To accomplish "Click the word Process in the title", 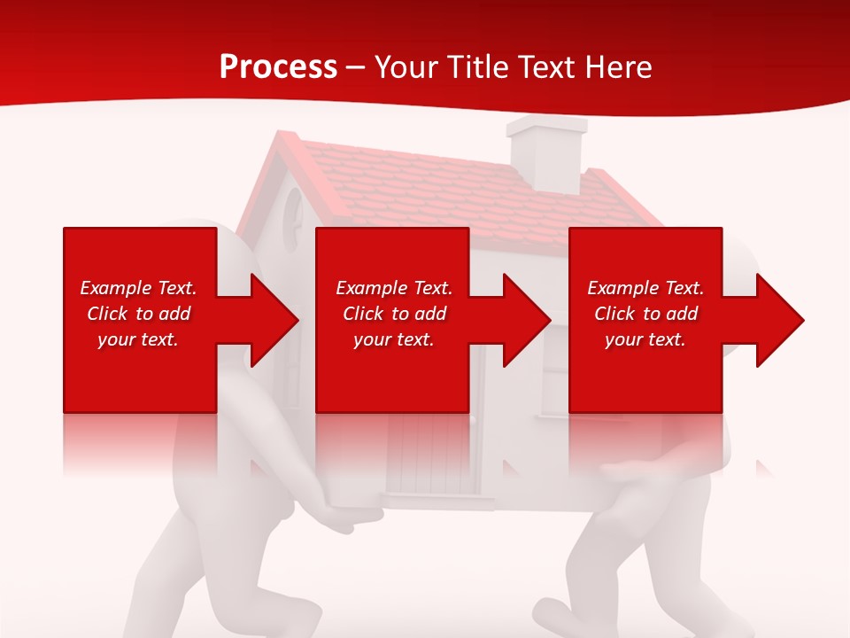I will [x=278, y=66].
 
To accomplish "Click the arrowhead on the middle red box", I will [x=524, y=320].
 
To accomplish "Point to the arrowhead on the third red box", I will [x=777, y=320].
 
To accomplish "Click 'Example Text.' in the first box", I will [x=138, y=288].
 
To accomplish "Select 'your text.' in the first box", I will [x=138, y=339].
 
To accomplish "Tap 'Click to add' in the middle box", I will [x=394, y=314].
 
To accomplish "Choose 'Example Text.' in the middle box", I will [x=394, y=288].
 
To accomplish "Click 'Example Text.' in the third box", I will [x=645, y=288].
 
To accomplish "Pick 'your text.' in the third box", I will [x=645, y=339].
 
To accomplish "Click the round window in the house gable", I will [x=292, y=217].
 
